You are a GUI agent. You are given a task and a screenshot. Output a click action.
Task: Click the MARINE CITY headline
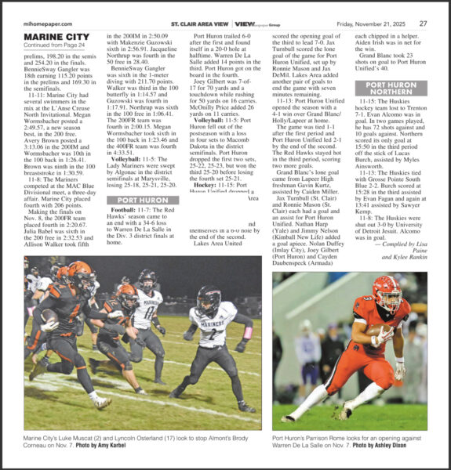pyautogui.click(x=56, y=36)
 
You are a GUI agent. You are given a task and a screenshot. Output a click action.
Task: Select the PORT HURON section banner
pyautogui.click(x=143, y=200)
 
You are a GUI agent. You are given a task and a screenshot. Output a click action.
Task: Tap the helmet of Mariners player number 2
pyautogui.click(x=209, y=298)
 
